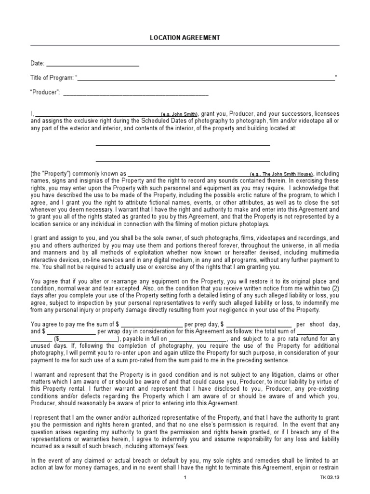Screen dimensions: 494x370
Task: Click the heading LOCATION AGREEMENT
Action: click(x=185, y=38)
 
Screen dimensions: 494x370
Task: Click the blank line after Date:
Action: click(x=92, y=64)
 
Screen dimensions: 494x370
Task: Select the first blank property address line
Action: click(x=183, y=144)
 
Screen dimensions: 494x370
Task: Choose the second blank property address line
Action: click(x=183, y=161)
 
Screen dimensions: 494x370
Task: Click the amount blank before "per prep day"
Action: click(x=152, y=325)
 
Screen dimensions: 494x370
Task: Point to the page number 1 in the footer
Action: click(x=185, y=478)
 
